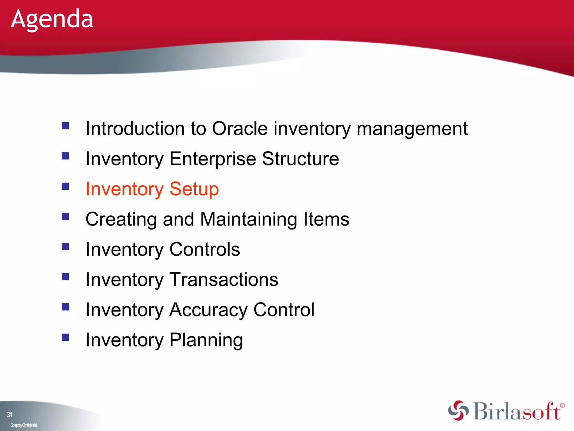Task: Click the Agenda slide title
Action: pyautogui.click(x=52, y=19)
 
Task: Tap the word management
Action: pyautogui.click(x=412, y=129)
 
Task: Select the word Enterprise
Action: pyautogui.click(x=212, y=159)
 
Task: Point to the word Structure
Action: pyautogui.click(x=300, y=159)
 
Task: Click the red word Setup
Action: pyautogui.click(x=194, y=189)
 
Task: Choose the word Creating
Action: pyautogui.click(x=121, y=219)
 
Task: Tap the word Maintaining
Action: pyautogui.click(x=248, y=219)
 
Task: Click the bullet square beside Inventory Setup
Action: pyautogui.click(x=65, y=186)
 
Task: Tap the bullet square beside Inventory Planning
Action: pyautogui.click(x=65, y=337)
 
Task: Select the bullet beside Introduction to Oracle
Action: pyautogui.click(x=65, y=126)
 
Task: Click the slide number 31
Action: pyautogui.click(x=10, y=414)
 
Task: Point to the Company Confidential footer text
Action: pyautogui.click(x=24, y=425)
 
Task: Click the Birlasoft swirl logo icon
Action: pyautogui.click(x=458, y=411)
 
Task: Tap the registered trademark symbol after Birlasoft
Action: pyautogui.click(x=562, y=405)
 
